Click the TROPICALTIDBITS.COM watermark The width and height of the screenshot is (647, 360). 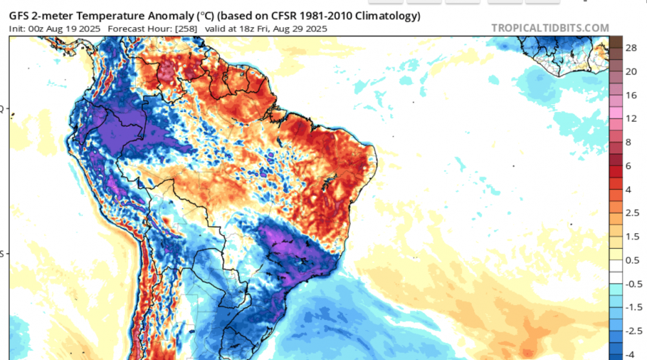[550, 28]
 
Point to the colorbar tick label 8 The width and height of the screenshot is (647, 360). [630, 142]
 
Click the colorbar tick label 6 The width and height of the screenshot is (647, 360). [630, 166]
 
